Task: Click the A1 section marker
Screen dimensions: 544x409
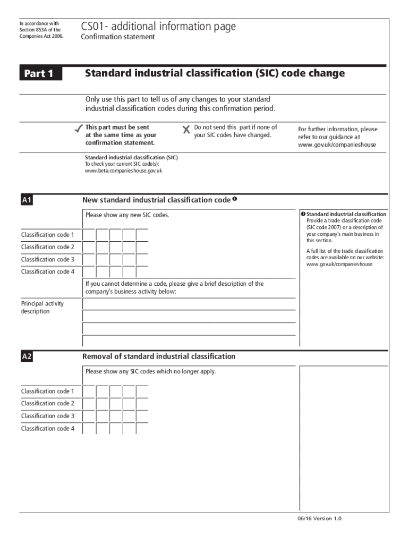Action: pos(27,200)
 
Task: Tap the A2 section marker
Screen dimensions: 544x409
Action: pos(27,357)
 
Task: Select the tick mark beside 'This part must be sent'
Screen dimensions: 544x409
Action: pos(78,129)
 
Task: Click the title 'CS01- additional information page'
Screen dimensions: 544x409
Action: pos(158,27)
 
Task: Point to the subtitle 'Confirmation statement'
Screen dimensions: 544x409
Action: pos(118,37)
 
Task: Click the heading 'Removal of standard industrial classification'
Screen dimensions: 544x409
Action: pos(159,356)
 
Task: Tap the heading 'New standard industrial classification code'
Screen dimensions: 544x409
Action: pos(157,200)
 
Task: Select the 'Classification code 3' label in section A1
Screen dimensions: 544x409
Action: pos(48,259)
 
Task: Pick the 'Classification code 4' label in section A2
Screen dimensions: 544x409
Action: pos(48,428)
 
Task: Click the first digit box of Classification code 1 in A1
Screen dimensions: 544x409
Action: pos(89,235)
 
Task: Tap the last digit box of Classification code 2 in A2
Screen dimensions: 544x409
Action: pos(142,404)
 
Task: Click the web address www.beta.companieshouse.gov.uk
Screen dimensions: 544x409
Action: pos(124,171)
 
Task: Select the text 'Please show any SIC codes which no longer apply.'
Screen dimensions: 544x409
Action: pos(150,371)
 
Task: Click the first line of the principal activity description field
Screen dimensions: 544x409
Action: pos(189,304)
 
